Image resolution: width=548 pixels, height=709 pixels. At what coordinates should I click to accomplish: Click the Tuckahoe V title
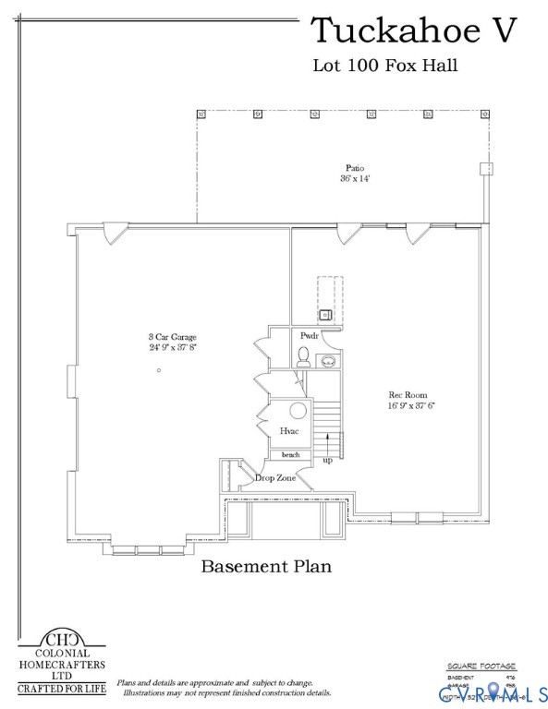pos(412,30)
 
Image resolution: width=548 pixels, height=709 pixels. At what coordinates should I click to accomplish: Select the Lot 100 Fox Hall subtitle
pos(385,66)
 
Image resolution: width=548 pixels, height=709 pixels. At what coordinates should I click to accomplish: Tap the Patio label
pos(354,168)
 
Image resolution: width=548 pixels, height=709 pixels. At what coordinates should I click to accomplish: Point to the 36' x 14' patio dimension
pos(354,178)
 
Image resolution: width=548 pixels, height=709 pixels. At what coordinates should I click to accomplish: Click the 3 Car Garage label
pos(173,337)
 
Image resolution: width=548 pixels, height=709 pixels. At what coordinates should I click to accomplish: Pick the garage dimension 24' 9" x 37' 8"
pos(173,348)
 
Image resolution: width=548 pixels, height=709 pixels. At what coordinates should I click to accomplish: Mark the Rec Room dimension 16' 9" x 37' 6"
pos(411,405)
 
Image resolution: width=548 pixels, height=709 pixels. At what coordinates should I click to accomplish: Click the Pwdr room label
pos(309,337)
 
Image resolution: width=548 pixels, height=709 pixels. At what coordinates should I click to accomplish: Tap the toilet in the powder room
pos(303,356)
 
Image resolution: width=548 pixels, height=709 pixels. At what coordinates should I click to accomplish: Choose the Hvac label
pos(288,431)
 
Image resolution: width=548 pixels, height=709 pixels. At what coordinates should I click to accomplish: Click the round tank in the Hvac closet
pos(299,412)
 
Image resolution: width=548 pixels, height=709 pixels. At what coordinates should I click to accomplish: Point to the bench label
pos(290,455)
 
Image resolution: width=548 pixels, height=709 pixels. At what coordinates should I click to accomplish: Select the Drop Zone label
pos(275,478)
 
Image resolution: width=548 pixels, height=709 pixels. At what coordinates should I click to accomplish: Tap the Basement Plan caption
pos(266,566)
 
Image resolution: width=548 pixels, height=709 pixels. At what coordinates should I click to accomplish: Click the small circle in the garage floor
pos(159,370)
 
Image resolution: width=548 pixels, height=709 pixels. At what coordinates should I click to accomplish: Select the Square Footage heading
pos(481,665)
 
